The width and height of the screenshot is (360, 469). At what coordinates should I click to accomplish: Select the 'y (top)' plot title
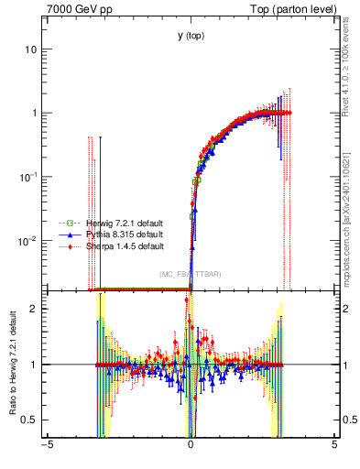coord(191,36)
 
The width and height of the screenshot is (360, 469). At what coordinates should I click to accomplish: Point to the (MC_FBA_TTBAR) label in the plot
coord(189,275)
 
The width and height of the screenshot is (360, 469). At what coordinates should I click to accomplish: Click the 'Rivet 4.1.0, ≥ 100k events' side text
coord(351,73)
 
